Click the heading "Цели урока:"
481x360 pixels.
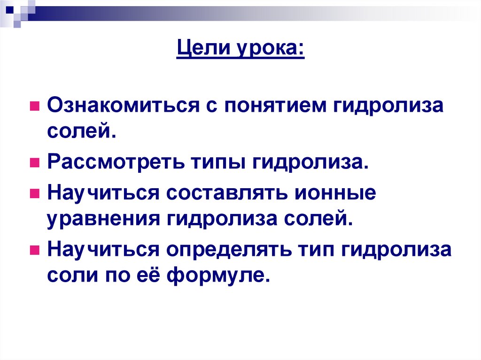pos(240,49)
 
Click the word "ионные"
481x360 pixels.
pos(336,193)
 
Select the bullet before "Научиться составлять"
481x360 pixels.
pos(34,194)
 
